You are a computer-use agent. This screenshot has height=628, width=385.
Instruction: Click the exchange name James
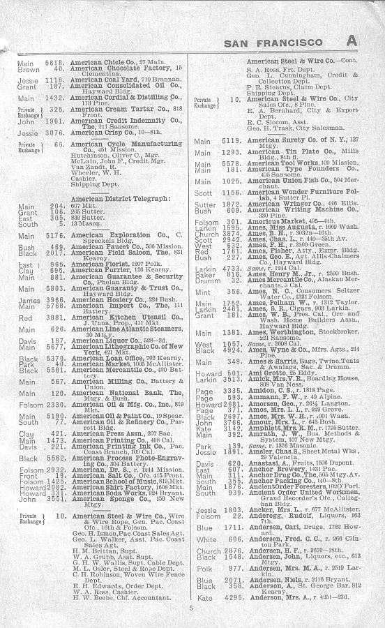tap(29, 300)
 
